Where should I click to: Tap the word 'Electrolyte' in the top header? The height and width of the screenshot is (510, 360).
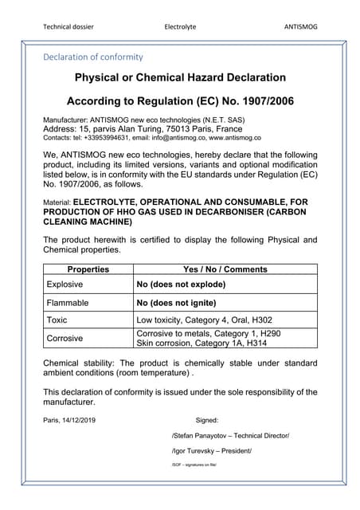point(180,26)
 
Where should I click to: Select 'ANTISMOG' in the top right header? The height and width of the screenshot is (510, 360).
point(300,26)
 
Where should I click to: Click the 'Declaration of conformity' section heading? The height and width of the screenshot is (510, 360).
point(93,57)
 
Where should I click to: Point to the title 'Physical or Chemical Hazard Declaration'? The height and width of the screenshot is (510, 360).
point(180,77)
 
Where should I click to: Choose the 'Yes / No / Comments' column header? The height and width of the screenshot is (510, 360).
point(225,269)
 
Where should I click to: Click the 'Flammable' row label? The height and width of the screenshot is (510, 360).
point(68,303)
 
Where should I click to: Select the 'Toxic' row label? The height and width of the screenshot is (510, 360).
point(57,320)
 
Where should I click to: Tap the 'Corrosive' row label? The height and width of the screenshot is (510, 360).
point(65,338)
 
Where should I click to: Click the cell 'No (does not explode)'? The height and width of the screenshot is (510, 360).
point(181,284)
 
